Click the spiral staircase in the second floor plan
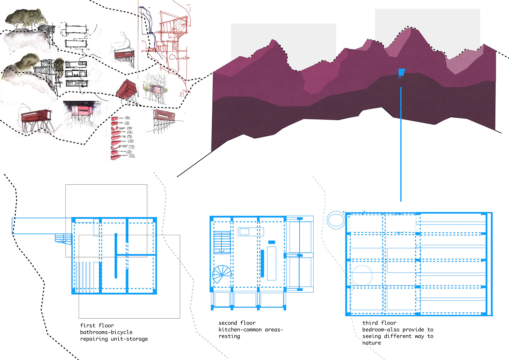coord(222,274)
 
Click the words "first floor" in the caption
coord(97,326)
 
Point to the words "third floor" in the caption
coord(379,323)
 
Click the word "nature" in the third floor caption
coord(371,343)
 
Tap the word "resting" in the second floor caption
coord(229,336)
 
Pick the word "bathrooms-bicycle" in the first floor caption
coord(106,332)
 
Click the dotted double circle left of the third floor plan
coord(336,220)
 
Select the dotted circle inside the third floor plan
coord(362,275)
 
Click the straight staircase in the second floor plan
coord(222,242)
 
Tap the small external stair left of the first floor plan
coord(63,238)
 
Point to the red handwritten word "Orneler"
coord(179,57)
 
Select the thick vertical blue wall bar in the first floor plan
coord(116,256)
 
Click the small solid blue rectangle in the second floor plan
coord(271,242)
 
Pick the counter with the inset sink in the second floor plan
coord(251,232)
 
